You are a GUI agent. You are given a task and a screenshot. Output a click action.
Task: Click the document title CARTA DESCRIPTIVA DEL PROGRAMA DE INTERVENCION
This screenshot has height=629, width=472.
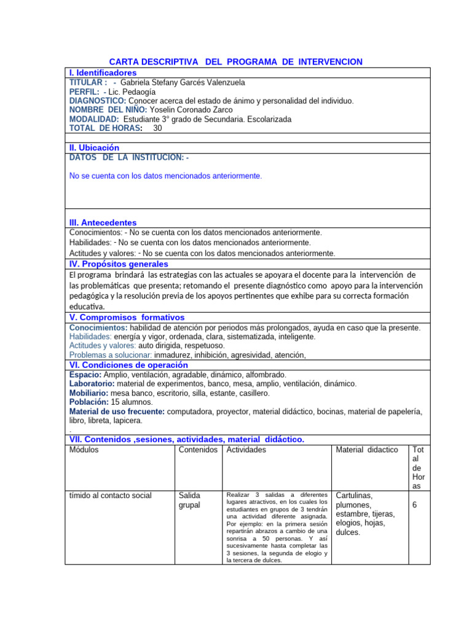point(235,62)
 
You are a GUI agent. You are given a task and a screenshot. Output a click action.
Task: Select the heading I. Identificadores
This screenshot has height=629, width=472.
point(103,72)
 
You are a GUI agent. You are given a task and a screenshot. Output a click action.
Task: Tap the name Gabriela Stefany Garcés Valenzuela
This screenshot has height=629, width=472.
point(183,82)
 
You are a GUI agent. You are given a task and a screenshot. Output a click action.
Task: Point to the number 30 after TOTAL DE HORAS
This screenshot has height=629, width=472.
point(158,128)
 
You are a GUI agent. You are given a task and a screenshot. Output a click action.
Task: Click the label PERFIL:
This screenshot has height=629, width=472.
point(84,92)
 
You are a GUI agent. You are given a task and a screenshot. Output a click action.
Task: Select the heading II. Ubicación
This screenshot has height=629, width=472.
point(94,148)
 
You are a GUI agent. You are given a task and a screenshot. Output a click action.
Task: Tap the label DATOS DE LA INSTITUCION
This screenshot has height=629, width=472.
point(128,158)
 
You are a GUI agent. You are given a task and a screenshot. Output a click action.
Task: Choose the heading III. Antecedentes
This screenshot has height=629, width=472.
point(103,222)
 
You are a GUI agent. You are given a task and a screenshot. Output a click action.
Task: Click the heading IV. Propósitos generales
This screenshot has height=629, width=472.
point(119,264)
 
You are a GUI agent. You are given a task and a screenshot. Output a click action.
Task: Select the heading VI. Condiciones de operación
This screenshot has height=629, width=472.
point(128,364)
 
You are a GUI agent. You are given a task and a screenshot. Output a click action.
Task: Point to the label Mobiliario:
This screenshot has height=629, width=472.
point(89,393)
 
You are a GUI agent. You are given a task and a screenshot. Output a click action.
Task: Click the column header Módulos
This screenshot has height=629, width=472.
point(84,450)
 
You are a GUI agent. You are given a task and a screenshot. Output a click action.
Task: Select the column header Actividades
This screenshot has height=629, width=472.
point(246,450)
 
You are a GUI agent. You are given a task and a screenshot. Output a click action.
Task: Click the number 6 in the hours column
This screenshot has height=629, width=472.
point(415,505)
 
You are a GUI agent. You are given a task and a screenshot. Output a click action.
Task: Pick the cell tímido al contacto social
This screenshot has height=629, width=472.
point(110,495)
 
